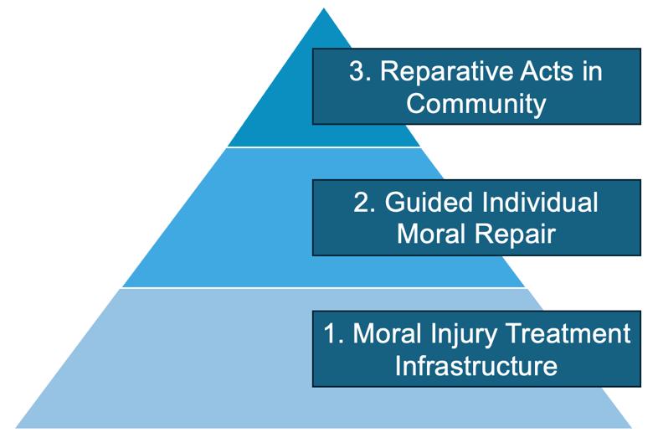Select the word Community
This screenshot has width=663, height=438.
476,104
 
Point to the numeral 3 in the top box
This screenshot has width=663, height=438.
357,71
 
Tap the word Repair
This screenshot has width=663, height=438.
515,234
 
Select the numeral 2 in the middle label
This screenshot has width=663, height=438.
362,202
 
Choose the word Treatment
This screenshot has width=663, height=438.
568,333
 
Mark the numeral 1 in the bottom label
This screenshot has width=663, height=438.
331,333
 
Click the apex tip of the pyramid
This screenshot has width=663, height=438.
324,8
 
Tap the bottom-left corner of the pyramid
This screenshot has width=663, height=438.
16,427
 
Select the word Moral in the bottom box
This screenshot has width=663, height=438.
388,333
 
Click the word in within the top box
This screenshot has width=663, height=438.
592,71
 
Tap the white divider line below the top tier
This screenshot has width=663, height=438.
324,147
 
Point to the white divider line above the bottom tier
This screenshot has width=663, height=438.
324,288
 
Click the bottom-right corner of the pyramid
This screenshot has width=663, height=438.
632,427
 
